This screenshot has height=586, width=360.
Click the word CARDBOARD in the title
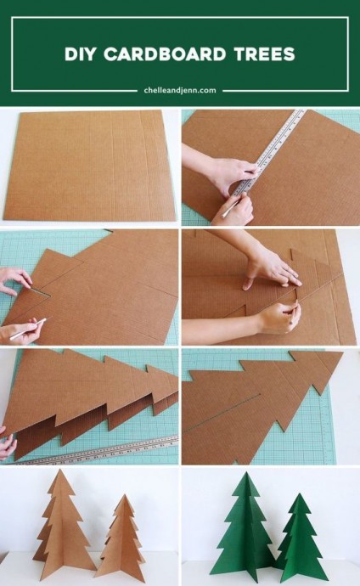click(x=165, y=54)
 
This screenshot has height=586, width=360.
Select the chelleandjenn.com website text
click(x=180, y=90)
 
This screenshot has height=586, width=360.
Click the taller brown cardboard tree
click(x=62, y=523)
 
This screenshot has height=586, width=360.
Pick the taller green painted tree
click(x=245, y=523)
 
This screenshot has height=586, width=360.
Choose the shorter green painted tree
click(x=299, y=538)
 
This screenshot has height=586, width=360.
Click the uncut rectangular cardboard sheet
click(x=90, y=165)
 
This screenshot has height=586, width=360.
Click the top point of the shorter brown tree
click(x=124, y=495)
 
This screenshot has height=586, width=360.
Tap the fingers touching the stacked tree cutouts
click(x=8, y=444)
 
